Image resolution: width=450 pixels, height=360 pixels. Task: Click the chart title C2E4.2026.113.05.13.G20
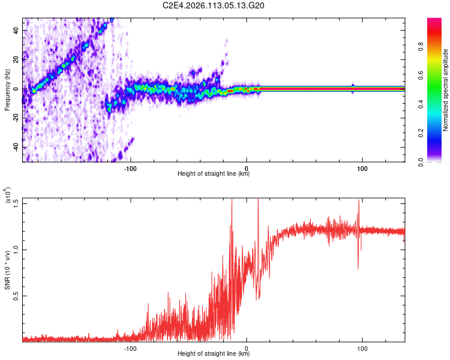(214, 6)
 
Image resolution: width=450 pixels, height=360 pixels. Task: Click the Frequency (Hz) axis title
(7, 90)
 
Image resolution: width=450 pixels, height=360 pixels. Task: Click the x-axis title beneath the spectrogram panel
(214, 175)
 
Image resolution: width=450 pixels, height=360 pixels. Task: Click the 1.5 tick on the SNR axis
(15, 203)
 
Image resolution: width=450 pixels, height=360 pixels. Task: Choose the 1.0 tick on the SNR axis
(15, 249)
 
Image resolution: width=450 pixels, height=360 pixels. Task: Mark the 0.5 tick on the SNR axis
(15, 296)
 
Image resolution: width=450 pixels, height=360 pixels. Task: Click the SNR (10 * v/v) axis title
(7, 269)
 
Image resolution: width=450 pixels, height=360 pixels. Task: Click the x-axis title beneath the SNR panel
(214, 353)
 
